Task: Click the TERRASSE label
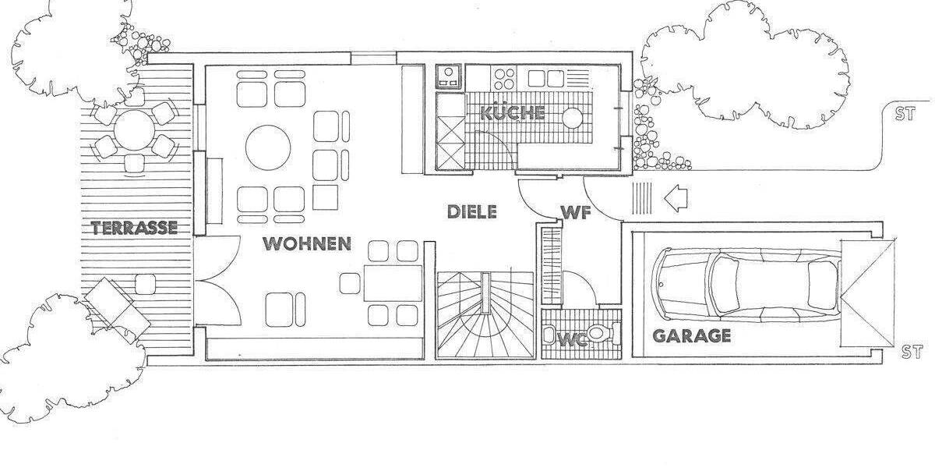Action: (x=134, y=228)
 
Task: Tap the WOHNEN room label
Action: (x=307, y=243)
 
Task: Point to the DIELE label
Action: (x=471, y=211)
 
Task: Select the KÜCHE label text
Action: (x=512, y=112)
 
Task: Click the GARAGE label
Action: (x=692, y=336)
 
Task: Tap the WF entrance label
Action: (x=574, y=211)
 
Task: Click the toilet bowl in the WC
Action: (x=600, y=335)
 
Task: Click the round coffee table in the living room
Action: (x=269, y=147)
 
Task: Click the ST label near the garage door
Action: (x=911, y=351)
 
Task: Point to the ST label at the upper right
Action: (x=904, y=115)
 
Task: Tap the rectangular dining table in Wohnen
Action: (x=393, y=282)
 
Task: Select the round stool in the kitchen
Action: (x=573, y=118)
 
